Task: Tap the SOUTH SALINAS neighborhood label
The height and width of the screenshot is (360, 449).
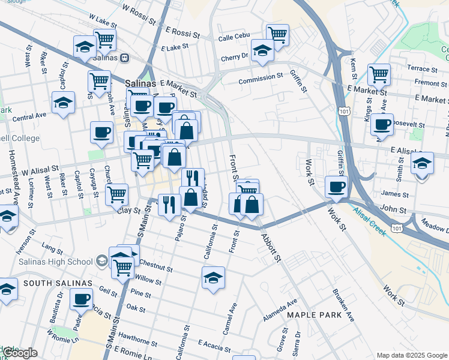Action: click(58, 283)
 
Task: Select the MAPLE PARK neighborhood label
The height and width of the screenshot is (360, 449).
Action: click(309, 314)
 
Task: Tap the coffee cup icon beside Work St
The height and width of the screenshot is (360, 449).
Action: click(337, 186)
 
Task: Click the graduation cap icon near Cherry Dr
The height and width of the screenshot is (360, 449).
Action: click(262, 50)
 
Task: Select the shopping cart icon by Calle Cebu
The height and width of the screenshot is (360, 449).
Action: click(277, 34)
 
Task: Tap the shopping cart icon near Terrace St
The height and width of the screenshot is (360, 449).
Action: click(379, 74)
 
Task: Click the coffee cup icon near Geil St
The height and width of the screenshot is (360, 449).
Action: click(81, 298)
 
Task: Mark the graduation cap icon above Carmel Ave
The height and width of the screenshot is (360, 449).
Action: click(213, 277)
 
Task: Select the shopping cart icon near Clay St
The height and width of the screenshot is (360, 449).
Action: click(116, 194)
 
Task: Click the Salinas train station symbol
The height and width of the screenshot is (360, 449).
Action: click(124, 58)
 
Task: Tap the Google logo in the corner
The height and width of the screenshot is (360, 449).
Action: click(20, 353)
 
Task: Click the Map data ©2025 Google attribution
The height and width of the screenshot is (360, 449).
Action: click(412, 355)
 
